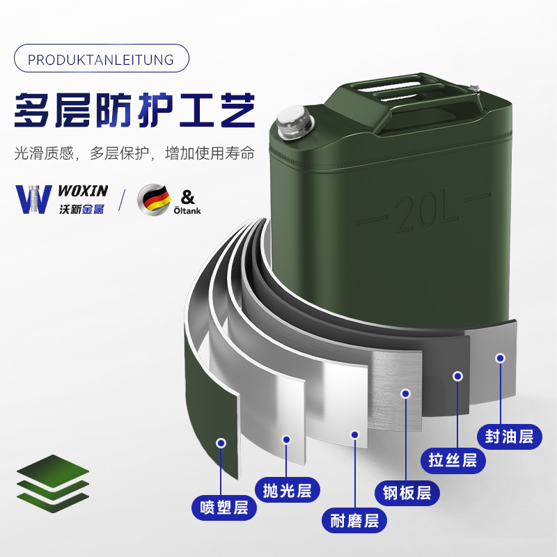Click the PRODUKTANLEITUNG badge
pyautogui.click(x=101, y=59)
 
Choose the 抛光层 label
pyautogui.click(x=287, y=490)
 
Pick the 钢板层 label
pyautogui.click(x=407, y=493)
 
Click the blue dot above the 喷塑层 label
pyautogui.click(x=221, y=443)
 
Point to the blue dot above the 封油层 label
pyautogui.click(x=500, y=358)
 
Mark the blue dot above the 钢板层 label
pyautogui.click(x=406, y=393)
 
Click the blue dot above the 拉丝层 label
pyautogui.click(x=457, y=376)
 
